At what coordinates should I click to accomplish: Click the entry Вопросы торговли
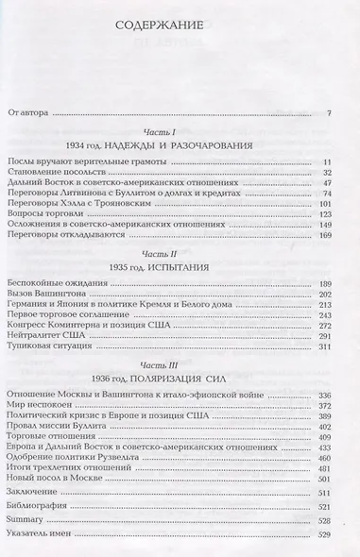pyautogui.click(x=47, y=214)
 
